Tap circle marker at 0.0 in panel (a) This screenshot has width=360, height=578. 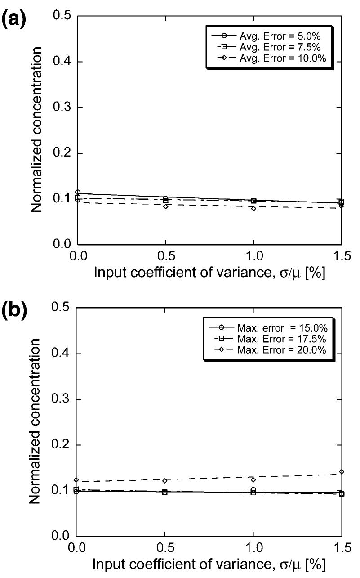[x=77, y=193]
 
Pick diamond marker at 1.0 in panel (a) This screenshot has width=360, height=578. [x=254, y=208]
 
